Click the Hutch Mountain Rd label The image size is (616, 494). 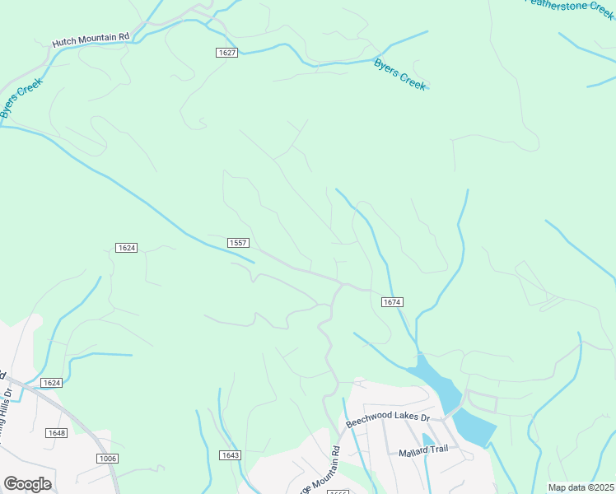click(91, 38)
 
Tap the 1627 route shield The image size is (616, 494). click(228, 53)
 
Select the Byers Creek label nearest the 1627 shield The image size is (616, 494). click(400, 74)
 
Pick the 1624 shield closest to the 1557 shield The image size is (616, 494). click(126, 248)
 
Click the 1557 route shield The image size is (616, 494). click(239, 242)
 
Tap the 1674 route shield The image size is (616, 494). click(392, 302)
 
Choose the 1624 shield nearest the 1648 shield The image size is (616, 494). click(52, 383)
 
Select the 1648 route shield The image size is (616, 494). click(57, 433)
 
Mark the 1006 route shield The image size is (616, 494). click(107, 459)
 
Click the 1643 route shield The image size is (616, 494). click(231, 455)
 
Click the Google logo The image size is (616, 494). click(27, 484)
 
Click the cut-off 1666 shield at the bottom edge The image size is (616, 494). click(338, 492)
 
